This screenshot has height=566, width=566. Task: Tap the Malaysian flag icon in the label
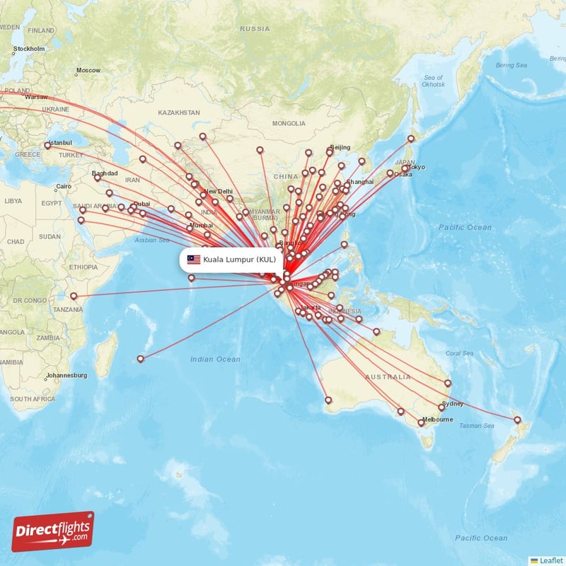tap(194, 260)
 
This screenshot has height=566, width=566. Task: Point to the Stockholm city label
tap(29, 49)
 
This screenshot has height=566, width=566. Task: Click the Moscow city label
tap(88, 70)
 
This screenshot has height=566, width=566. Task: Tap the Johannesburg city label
tap(65, 375)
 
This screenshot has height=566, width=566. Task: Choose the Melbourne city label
tap(437, 420)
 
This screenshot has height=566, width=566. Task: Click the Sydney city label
tap(453, 404)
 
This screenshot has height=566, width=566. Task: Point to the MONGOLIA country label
tap(289, 123)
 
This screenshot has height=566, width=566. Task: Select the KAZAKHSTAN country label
tap(179, 112)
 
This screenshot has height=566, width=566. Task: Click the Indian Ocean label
tap(215, 359)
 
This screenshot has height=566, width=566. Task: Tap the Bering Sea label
tap(512, 65)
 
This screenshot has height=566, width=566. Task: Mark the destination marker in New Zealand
tap(517, 420)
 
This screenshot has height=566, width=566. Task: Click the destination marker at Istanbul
tap(47, 145)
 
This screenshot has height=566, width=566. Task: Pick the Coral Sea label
tap(459, 353)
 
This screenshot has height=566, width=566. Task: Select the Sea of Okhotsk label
tap(433, 80)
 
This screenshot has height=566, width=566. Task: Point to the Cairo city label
tap(64, 187)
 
